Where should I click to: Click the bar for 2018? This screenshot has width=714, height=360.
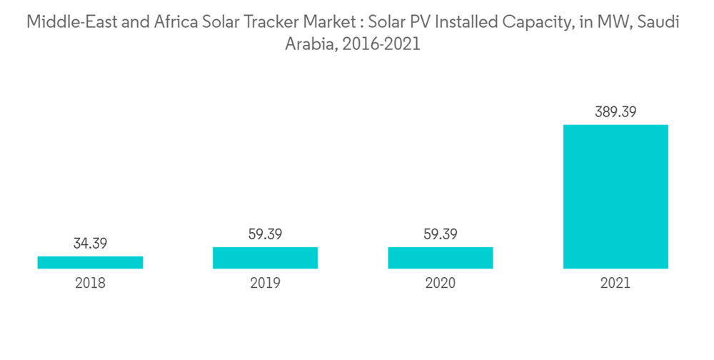(90, 262)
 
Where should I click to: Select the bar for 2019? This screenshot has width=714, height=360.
(265, 258)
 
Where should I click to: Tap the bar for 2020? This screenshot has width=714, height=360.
(441, 258)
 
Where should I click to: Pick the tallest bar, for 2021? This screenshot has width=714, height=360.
(615, 196)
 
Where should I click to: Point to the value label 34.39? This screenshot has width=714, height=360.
(90, 244)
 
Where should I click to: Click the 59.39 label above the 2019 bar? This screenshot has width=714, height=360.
(265, 234)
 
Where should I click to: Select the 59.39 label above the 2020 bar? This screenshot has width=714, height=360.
(441, 234)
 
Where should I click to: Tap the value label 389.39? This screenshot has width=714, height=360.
(615, 112)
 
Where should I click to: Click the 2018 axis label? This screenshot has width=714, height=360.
(90, 283)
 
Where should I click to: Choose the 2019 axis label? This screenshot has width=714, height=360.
(265, 283)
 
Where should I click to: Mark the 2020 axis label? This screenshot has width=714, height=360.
(441, 283)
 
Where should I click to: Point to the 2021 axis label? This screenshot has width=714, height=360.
(615, 283)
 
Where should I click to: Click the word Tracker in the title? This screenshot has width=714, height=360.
(273, 22)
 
